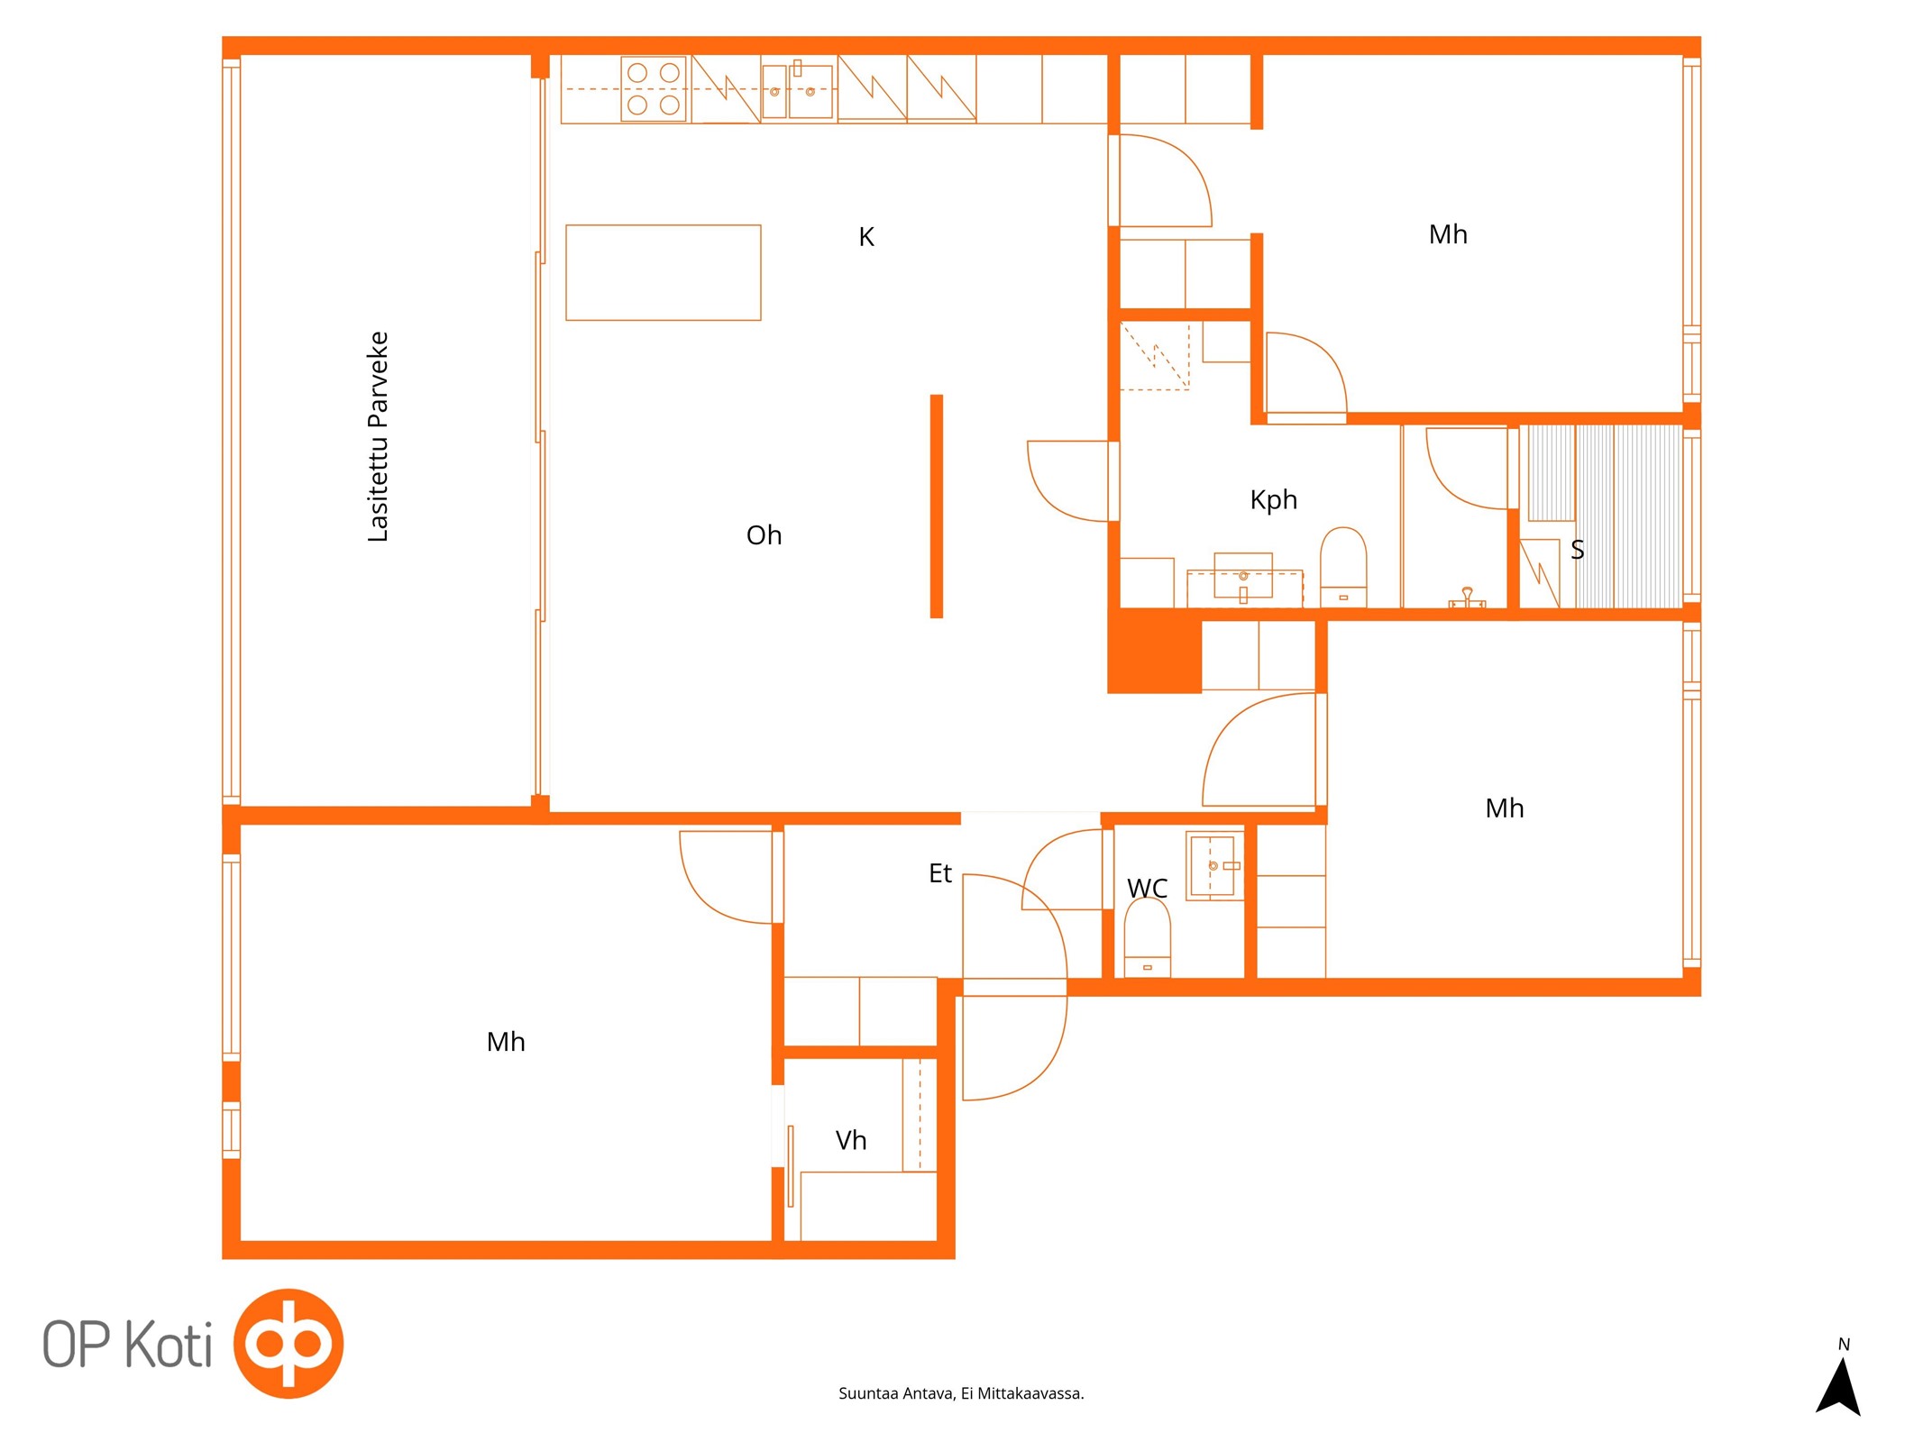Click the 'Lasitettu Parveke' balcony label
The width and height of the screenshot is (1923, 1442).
click(378, 436)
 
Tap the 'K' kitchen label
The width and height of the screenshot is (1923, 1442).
click(865, 236)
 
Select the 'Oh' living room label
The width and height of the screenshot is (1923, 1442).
click(764, 534)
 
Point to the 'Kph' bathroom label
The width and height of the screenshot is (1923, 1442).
click(1273, 499)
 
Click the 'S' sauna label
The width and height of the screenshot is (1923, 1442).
click(1577, 549)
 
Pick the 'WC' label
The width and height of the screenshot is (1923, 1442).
click(1147, 888)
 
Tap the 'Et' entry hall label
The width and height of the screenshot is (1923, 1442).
click(939, 872)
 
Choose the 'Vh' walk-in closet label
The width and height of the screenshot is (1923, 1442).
click(850, 1140)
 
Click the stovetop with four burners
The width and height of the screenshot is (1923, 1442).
click(654, 88)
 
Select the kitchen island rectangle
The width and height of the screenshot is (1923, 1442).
click(663, 272)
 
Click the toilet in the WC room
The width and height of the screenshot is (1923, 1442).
click(1147, 937)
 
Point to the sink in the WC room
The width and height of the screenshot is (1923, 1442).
click(1214, 865)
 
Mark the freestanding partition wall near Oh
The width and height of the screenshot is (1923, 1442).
click(936, 506)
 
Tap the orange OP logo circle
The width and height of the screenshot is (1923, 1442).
click(288, 1343)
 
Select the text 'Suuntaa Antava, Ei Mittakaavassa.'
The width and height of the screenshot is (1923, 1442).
click(961, 1393)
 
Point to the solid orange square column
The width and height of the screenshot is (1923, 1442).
click(1154, 651)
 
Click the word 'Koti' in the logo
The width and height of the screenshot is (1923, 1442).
click(169, 1344)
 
